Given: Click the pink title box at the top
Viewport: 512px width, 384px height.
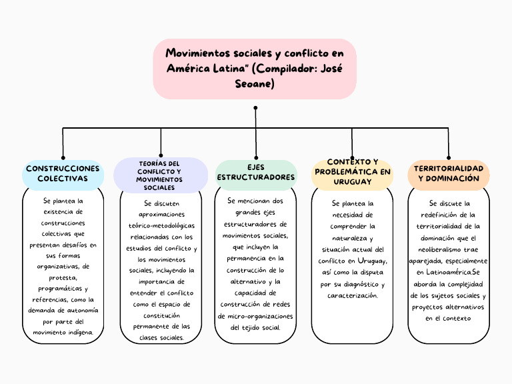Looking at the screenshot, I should (255, 69).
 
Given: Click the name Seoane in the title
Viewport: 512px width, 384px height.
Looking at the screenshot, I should (254, 84).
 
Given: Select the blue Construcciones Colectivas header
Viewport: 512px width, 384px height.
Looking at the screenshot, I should (63, 174).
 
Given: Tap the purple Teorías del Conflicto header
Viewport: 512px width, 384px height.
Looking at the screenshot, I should (160, 175).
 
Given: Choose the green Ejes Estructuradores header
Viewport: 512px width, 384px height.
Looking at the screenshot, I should (256, 172).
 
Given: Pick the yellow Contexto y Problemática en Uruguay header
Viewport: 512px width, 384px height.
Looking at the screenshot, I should (352, 172).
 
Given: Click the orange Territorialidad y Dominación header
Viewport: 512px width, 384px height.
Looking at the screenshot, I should (448, 174).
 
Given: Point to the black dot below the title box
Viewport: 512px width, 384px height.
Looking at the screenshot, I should (255, 107).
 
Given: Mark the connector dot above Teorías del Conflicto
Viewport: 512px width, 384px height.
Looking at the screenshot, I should (161, 155).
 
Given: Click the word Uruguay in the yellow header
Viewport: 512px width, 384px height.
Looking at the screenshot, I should (352, 181).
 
